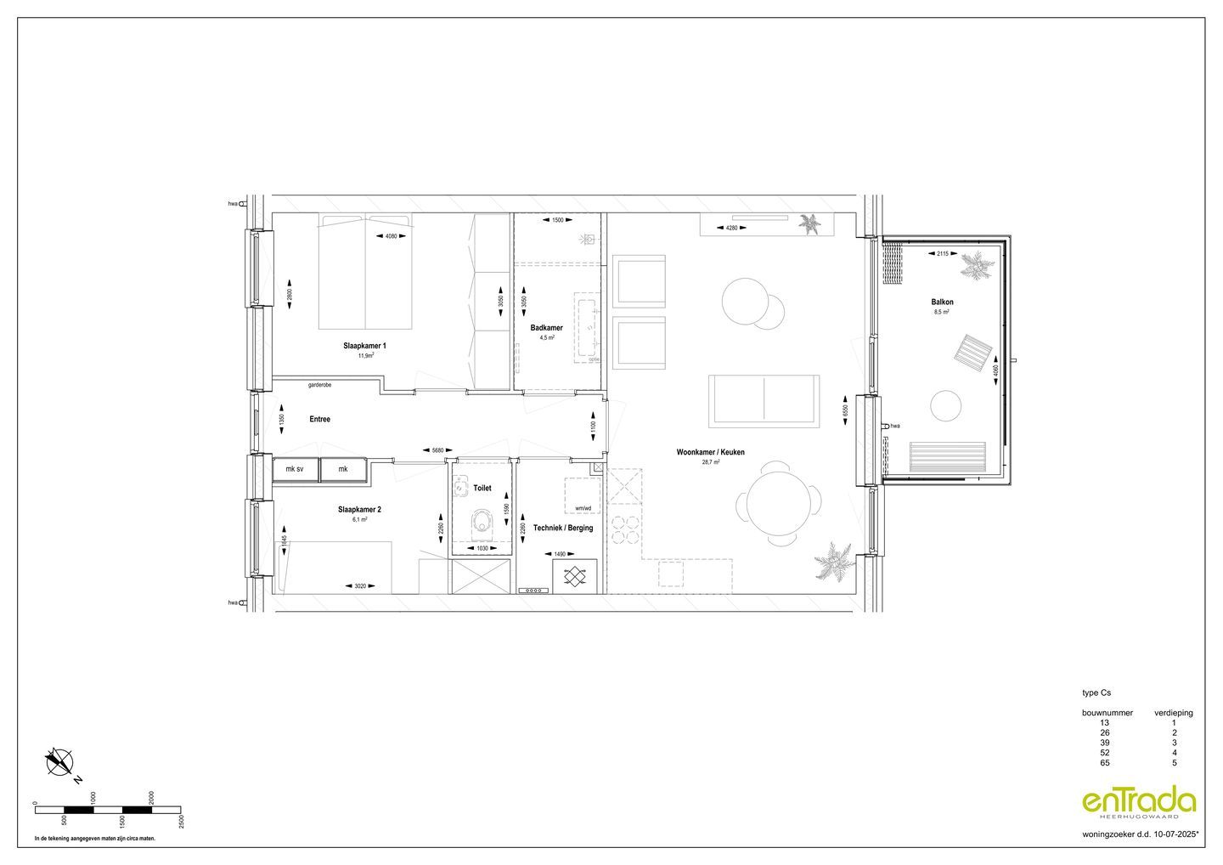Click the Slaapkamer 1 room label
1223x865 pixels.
click(365, 346)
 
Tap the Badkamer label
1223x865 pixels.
click(546, 328)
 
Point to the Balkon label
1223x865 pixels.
click(942, 302)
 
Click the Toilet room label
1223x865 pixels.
click(482, 489)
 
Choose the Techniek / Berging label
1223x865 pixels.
click(563, 528)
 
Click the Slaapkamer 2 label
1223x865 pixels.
click(359, 510)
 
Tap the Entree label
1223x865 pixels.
click(319, 419)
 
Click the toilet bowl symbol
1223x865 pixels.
click(483, 521)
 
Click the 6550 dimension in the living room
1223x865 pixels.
click(845, 410)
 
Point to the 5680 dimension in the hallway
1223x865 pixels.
click(438, 450)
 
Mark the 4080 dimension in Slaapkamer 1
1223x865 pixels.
click(391, 236)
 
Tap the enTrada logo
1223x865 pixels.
click(1139, 802)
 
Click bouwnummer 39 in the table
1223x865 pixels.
click(1103, 743)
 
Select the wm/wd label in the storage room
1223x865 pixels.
click(583, 509)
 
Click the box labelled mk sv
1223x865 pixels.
click(295, 469)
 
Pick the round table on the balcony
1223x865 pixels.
click(946, 405)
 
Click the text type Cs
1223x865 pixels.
click(1096, 693)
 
